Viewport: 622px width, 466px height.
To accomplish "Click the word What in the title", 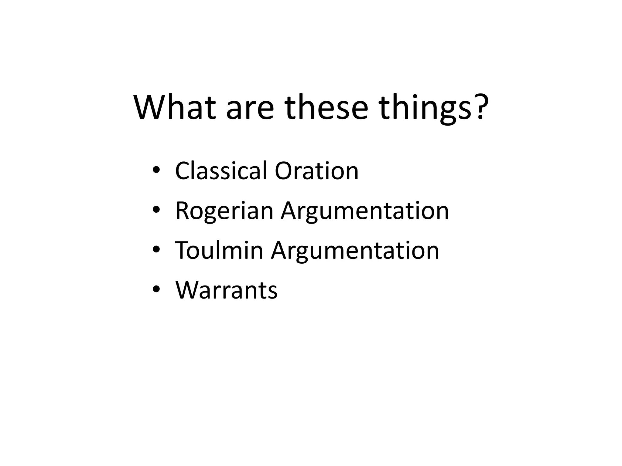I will (175, 108).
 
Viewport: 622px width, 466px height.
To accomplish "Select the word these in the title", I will (326, 108).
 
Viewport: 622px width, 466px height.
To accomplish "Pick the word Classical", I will (221, 171).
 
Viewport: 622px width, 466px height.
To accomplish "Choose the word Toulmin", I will (219, 251).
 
